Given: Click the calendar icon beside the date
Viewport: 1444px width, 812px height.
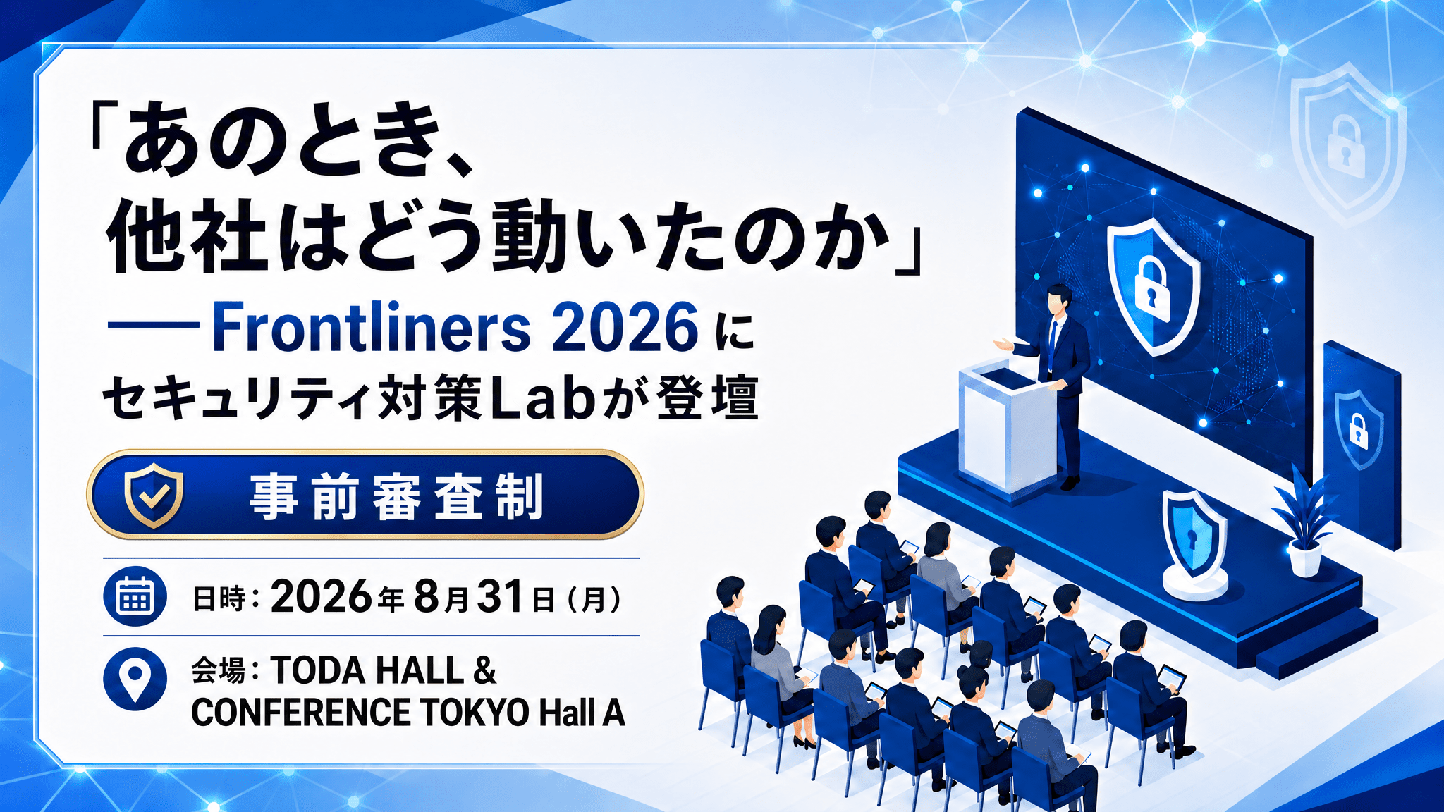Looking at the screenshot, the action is [135, 596].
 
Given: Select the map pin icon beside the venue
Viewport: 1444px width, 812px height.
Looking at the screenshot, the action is [135, 678].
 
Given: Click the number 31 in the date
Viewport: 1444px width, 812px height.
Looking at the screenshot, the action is [500, 596].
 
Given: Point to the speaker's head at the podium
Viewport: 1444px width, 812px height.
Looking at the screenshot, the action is [1058, 300].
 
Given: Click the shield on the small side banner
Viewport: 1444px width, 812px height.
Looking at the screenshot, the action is [1358, 429].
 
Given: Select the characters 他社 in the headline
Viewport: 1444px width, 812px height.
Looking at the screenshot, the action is [187, 235].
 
